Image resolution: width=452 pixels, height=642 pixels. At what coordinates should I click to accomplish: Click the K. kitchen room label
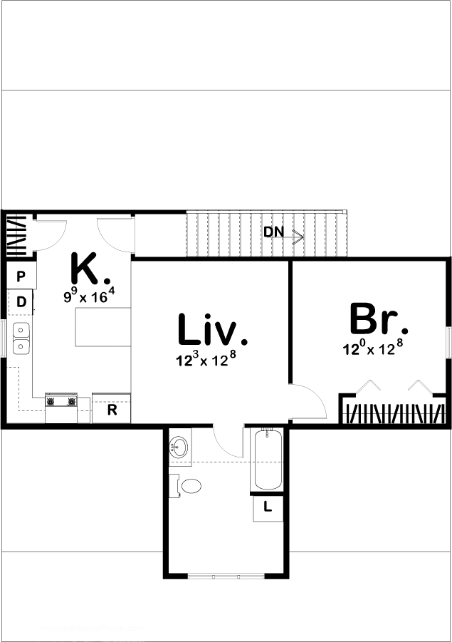click(90, 269)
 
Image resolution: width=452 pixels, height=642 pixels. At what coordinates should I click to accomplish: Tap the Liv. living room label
click(212, 330)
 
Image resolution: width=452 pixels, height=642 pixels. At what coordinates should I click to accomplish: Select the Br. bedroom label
click(379, 320)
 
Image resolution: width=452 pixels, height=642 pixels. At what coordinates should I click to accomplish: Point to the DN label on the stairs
click(273, 232)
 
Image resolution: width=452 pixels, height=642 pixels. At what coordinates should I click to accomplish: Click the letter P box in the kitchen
click(21, 276)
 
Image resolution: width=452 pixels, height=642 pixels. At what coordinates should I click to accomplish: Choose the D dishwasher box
click(21, 302)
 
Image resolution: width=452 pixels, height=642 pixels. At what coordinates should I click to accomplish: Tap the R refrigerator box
click(112, 410)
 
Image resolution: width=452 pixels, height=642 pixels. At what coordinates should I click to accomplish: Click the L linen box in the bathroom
click(268, 507)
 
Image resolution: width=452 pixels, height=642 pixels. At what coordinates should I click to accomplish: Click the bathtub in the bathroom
click(268, 460)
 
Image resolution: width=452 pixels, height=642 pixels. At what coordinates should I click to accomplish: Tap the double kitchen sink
click(21, 338)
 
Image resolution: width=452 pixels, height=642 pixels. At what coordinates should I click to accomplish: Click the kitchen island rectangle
click(103, 327)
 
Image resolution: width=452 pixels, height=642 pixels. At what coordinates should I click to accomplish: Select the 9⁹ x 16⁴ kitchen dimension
click(89, 296)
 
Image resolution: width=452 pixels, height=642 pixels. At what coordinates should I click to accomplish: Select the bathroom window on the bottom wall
click(226, 575)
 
